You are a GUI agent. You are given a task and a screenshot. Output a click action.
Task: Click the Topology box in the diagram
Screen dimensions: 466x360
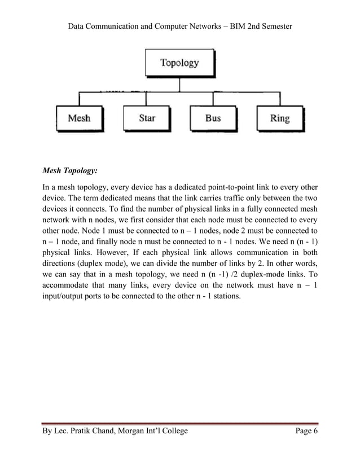coord(179,63)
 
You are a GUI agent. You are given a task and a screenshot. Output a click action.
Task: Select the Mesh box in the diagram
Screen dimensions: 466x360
coord(78,118)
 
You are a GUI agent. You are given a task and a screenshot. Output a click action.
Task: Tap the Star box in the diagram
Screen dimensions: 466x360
coord(147,118)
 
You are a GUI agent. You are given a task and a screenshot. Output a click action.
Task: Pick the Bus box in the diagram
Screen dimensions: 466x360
coord(213,118)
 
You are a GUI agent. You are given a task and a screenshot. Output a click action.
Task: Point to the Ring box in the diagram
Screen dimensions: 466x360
coord(280,118)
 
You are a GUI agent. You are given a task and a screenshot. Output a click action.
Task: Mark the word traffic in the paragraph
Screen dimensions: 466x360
coord(225,199)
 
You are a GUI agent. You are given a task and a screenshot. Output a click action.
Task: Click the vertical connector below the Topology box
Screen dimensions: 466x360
coord(179,83)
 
